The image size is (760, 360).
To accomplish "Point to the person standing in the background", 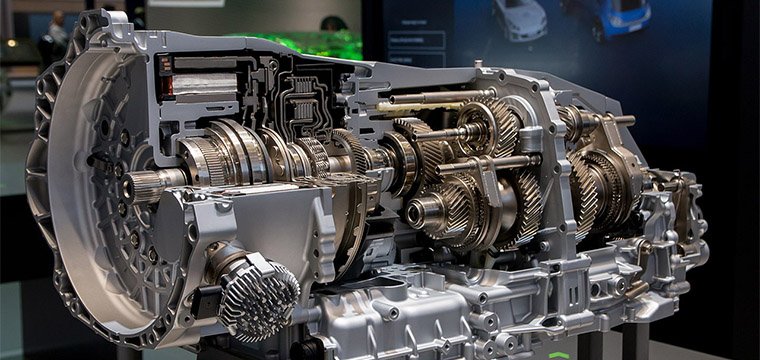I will pyautogui.click(x=56, y=35).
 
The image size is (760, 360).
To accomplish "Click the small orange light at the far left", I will pyautogui.click(x=11, y=44).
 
